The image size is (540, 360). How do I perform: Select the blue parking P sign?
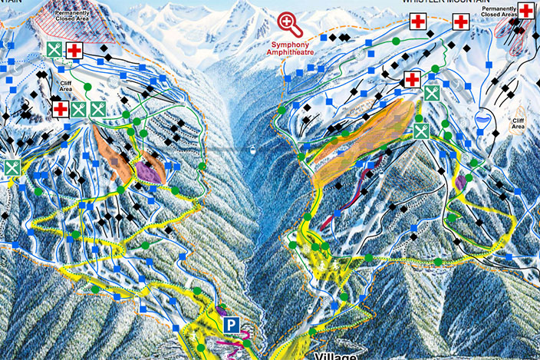pyautogui.click(x=230, y=326)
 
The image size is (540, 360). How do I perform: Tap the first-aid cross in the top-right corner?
pyautogui.click(x=527, y=11)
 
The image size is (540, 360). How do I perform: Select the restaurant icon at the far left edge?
pyautogui.click(x=12, y=167)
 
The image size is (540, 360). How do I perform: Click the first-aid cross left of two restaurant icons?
pyautogui.click(x=61, y=109)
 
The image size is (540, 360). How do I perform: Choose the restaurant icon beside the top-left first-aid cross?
pyautogui.click(x=54, y=50)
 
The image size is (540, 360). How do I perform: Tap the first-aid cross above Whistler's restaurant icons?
pyautogui.click(x=412, y=79)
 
